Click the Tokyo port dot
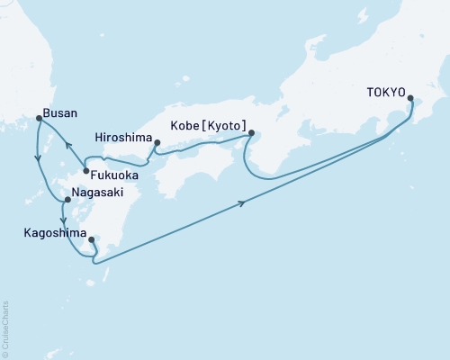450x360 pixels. [x=411, y=99]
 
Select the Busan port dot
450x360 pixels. [x=38, y=118]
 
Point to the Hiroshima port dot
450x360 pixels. [x=157, y=142]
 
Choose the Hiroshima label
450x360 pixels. [x=121, y=138]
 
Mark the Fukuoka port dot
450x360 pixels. [x=85, y=171]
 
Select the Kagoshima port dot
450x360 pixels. [x=92, y=240]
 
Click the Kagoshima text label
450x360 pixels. [x=50, y=232]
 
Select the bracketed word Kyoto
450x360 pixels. [x=223, y=130]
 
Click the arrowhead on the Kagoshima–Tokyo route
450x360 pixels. [x=245, y=204]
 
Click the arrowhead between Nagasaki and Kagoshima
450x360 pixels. [x=61, y=220]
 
